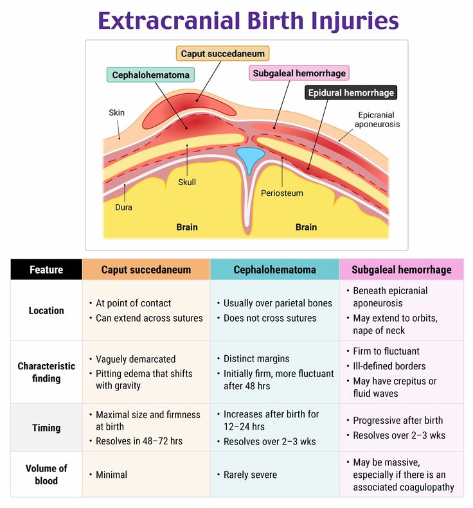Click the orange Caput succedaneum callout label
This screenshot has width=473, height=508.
point(222,54)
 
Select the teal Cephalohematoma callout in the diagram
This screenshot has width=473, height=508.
point(150,75)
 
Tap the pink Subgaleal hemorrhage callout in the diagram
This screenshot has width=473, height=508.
point(299,73)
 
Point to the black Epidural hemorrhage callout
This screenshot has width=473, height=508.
point(350,92)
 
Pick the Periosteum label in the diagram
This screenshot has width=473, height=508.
point(281,193)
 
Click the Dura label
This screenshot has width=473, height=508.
point(123,207)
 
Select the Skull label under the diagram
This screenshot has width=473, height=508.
point(187,182)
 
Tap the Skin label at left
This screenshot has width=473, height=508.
point(116,112)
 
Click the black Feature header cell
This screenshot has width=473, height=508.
point(46,270)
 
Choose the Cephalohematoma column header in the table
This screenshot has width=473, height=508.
point(274,270)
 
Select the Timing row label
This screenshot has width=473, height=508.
point(46,428)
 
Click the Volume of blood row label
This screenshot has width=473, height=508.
point(46,475)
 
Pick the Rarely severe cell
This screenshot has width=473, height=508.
point(250,475)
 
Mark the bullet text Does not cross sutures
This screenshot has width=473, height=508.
point(270,318)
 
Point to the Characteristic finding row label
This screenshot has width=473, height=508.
point(46,372)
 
